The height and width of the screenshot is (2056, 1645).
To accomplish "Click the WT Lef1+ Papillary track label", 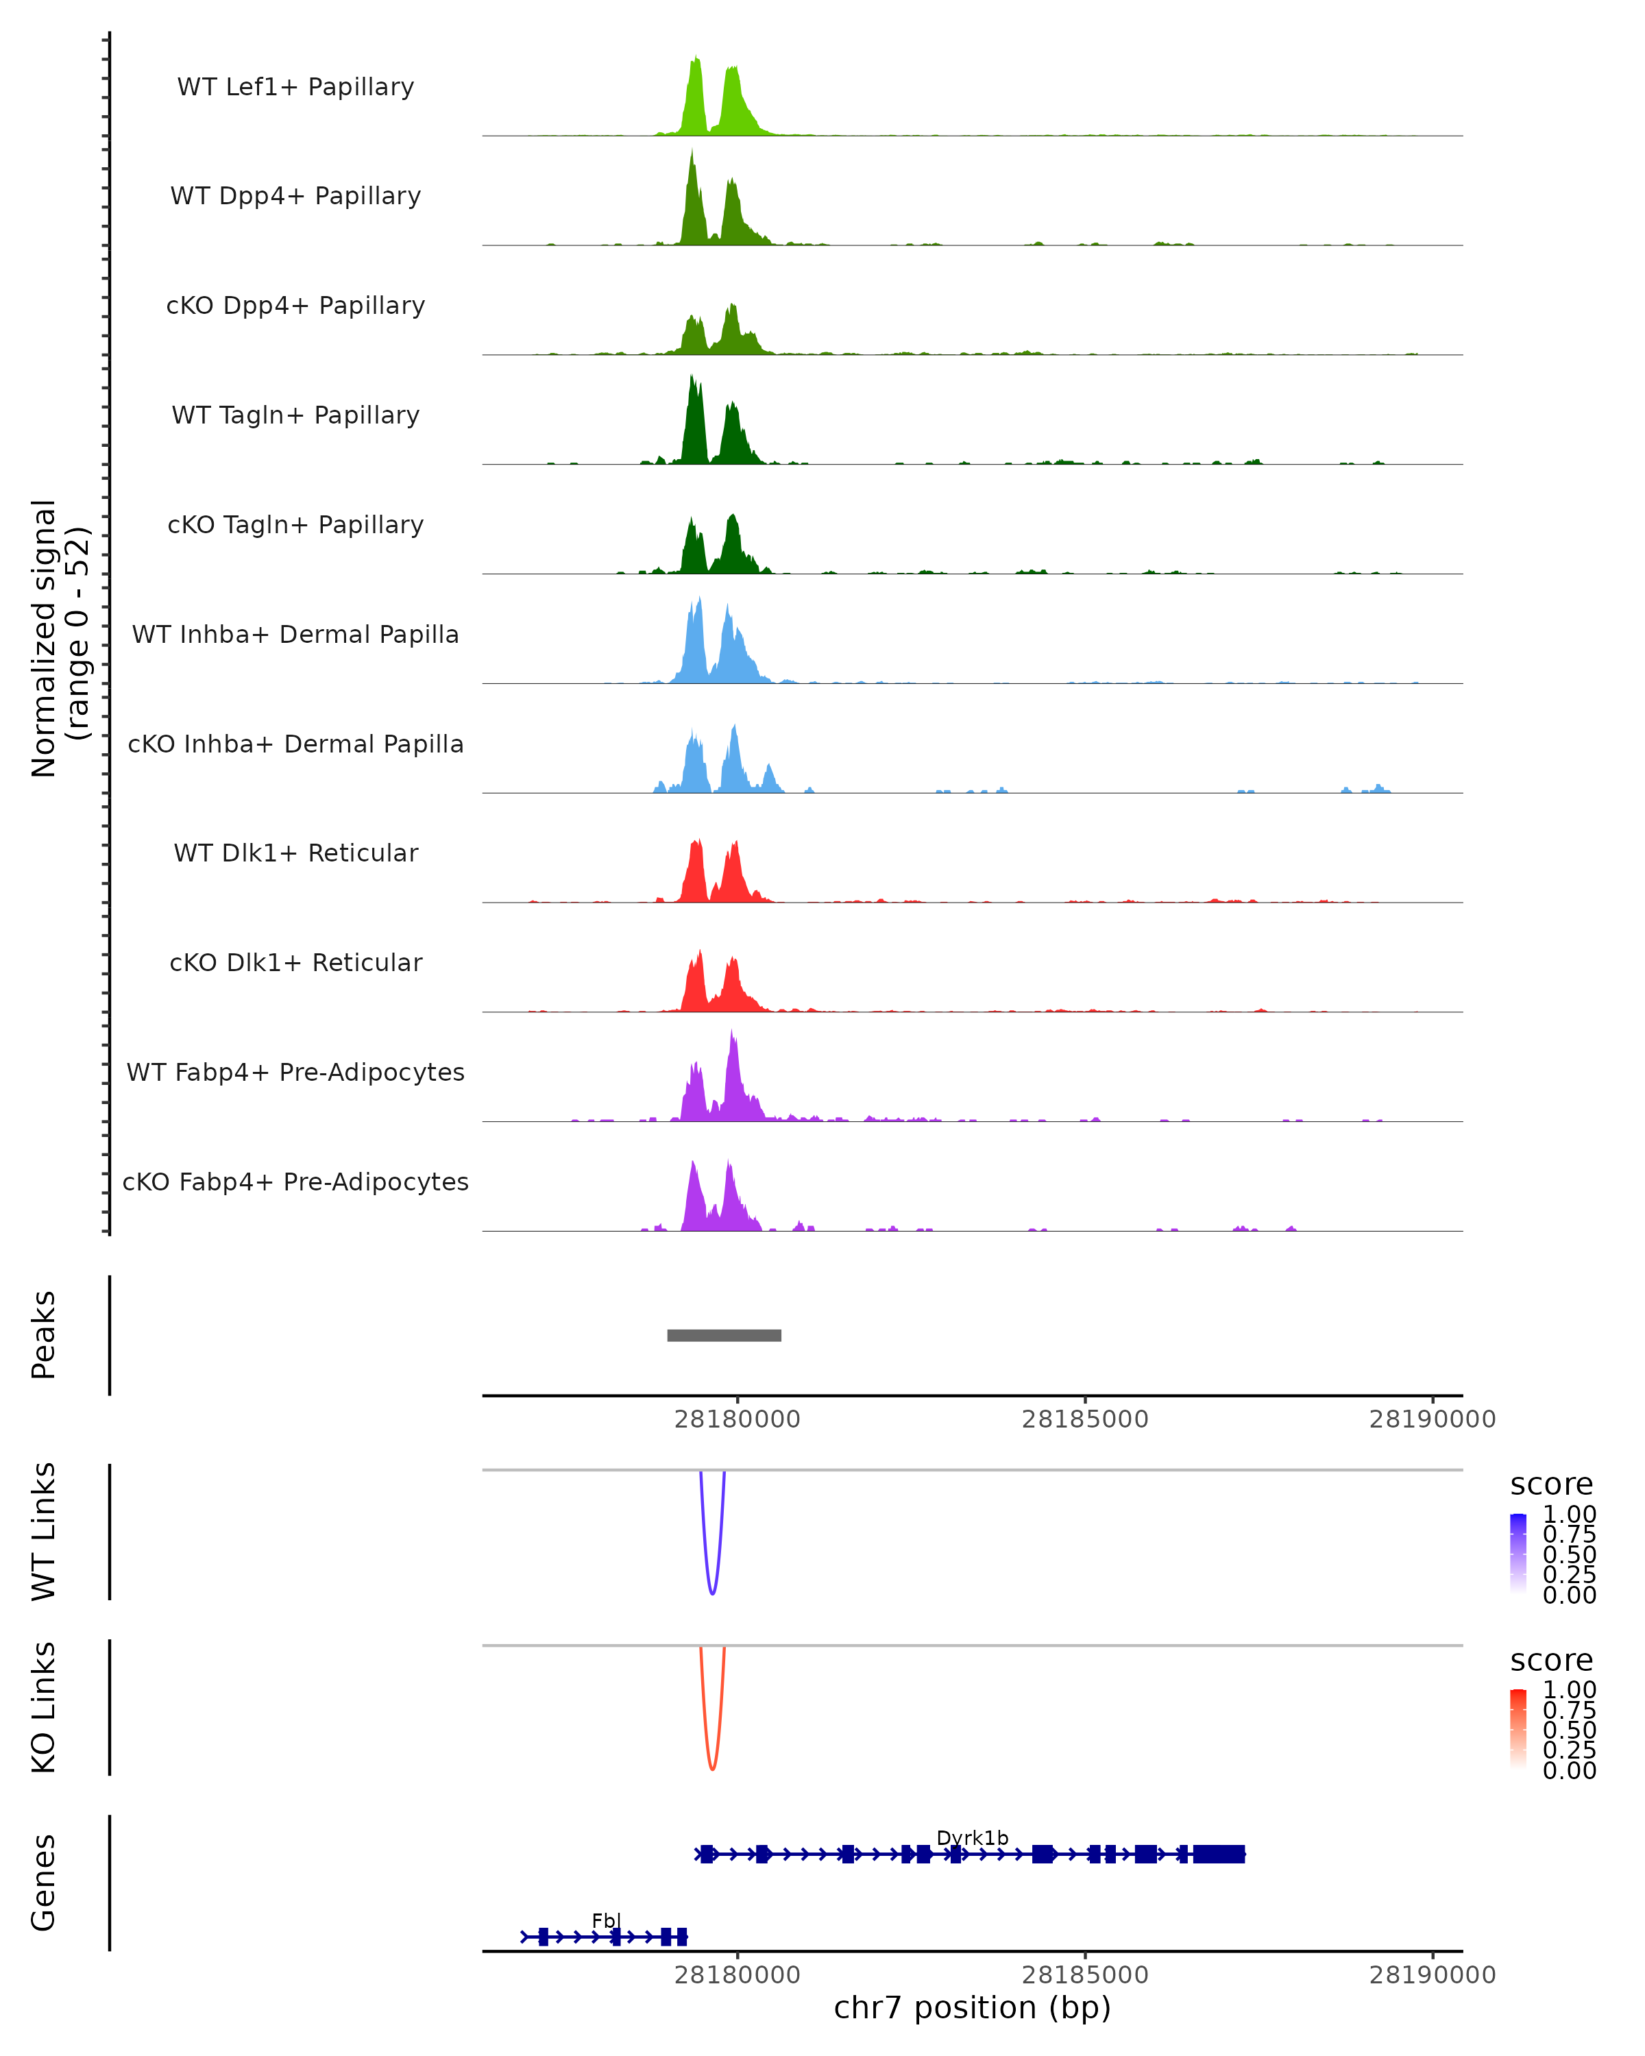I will (x=295, y=87).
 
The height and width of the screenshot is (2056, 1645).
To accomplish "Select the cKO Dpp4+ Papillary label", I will (x=295, y=305).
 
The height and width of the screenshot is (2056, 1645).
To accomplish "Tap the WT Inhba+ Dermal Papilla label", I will (x=295, y=634).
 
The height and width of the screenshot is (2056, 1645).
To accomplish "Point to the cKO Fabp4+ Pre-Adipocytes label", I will (x=295, y=1182).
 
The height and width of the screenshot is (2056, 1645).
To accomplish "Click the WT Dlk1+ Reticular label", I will (x=295, y=853).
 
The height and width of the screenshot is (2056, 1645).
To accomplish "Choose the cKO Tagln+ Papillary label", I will (x=295, y=524).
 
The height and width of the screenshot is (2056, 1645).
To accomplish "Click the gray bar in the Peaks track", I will (x=724, y=1335).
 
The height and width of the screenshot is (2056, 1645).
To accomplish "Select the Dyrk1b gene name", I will (x=972, y=1837).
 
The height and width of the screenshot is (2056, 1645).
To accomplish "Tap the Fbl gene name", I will (x=605, y=1920).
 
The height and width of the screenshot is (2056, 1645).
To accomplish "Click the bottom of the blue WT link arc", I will (x=712, y=1593).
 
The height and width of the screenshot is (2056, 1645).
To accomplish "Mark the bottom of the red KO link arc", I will (x=712, y=1768).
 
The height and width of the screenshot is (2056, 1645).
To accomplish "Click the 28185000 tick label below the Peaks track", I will (x=1084, y=1419).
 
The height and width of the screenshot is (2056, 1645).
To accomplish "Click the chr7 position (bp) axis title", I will (x=972, y=2008).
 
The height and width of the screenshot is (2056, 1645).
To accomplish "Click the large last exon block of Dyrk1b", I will (x=1219, y=1854).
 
